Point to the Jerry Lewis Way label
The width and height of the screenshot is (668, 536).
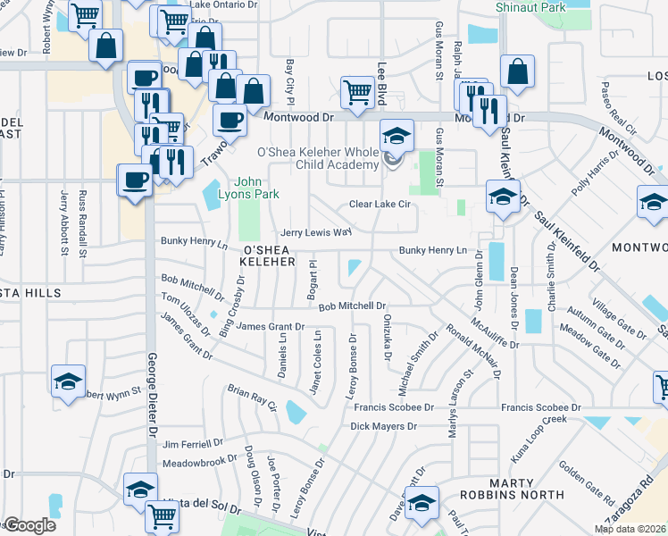[316, 231]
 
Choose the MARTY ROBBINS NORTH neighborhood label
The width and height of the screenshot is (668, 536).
[512, 488]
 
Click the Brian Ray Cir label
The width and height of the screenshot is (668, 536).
[253, 398]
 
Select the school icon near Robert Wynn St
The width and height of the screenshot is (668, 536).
[69, 381]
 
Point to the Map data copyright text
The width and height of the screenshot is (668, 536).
[630, 529]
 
